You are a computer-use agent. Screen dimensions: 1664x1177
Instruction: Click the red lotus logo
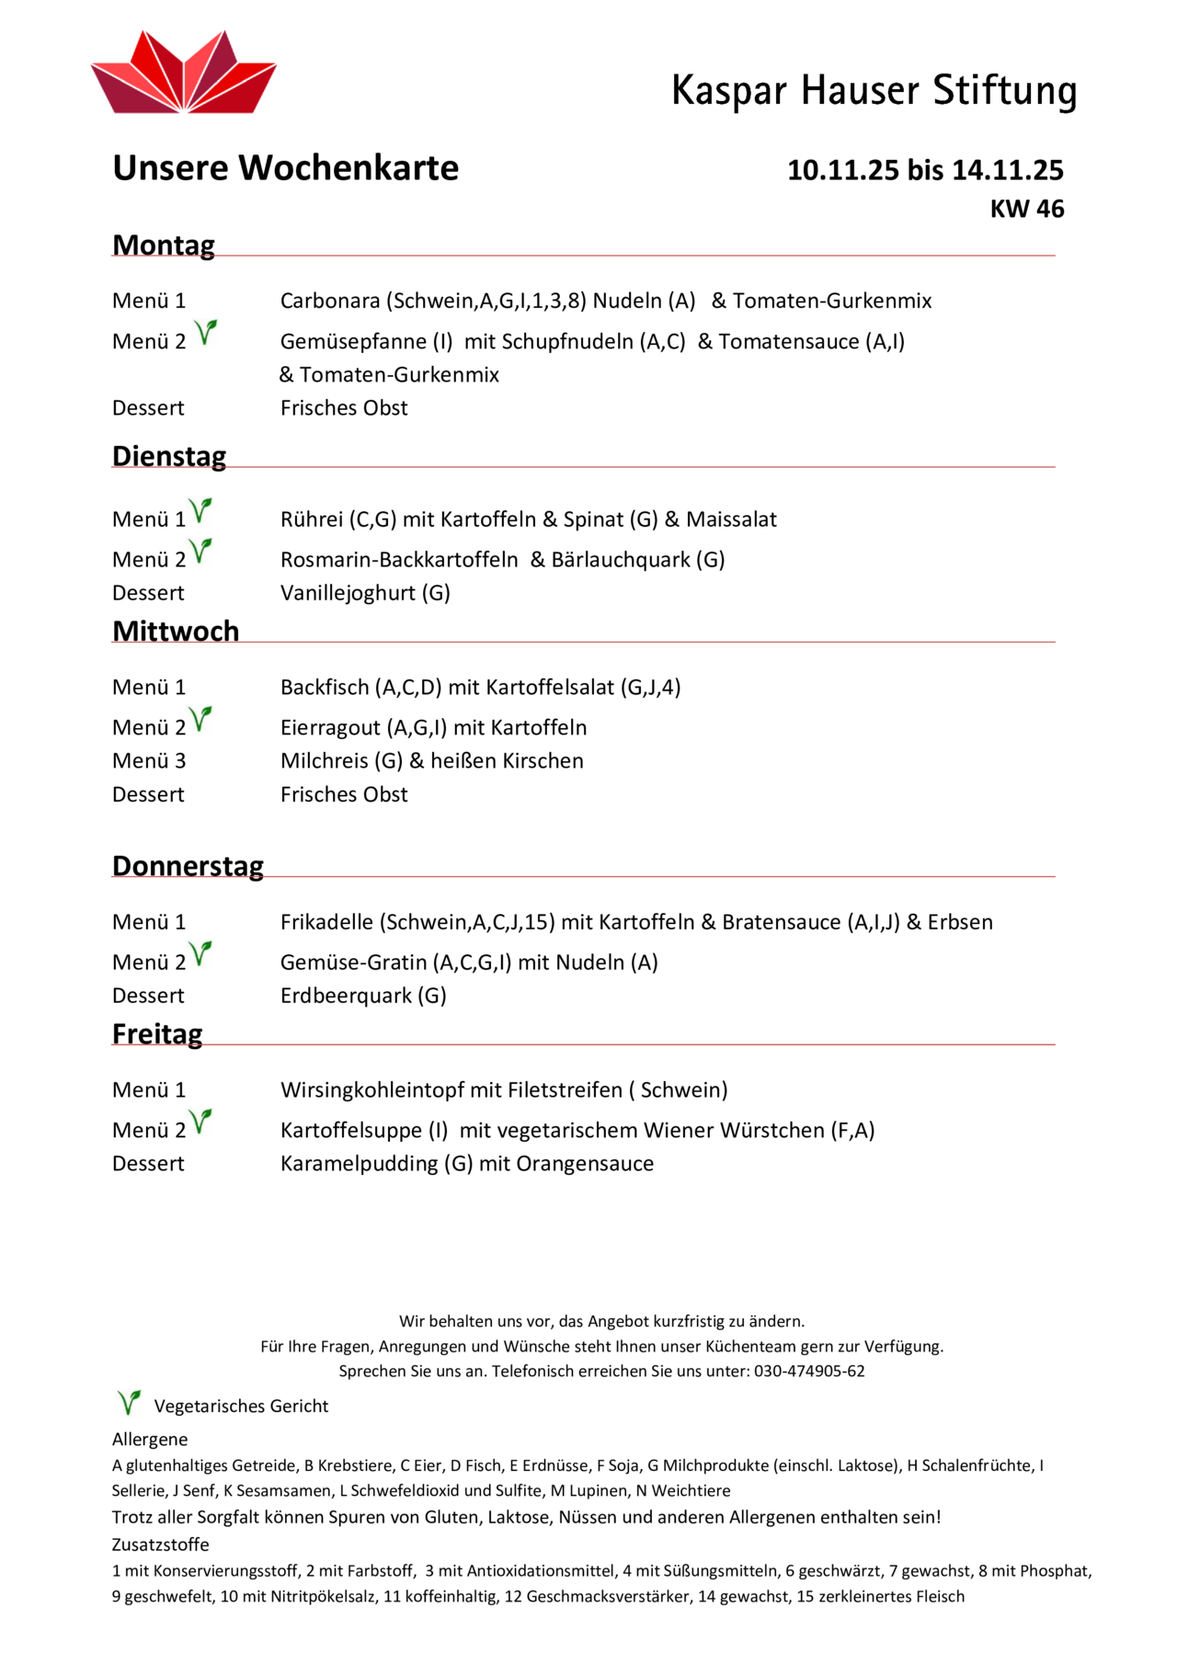(x=184, y=74)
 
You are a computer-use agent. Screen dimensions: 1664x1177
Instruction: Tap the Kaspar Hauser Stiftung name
(x=874, y=91)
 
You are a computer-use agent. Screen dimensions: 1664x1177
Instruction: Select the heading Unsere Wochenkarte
(x=285, y=168)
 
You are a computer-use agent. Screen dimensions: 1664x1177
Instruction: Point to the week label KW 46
(x=1026, y=209)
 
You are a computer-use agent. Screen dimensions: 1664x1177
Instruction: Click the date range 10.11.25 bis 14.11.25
(x=925, y=170)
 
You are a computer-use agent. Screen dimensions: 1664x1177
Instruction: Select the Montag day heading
(x=164, y=245)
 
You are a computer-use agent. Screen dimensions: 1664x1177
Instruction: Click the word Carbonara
(x=330, y=301)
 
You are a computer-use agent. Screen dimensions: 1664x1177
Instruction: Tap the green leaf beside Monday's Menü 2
(x=206, y=332)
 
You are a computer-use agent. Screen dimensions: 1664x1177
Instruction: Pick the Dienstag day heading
(x=169, y=456)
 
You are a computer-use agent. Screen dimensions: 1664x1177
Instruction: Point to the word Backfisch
(x=324, y=688)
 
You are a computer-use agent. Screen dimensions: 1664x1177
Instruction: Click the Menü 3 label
(x=149, y=761)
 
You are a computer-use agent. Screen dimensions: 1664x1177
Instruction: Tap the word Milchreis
(x=324, y=761)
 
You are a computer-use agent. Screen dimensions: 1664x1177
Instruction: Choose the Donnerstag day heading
(x=188, y=866)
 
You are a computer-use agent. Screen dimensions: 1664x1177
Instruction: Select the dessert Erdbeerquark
(x=346, y=996)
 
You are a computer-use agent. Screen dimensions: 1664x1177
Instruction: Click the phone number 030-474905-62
(x=809, y=1372)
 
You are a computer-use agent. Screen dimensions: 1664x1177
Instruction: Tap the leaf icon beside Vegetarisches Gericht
(x=129, y=1402)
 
